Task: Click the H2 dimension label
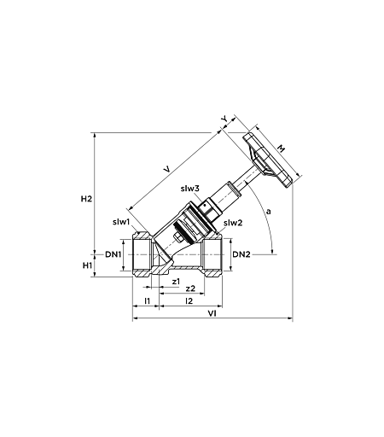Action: [86, 199]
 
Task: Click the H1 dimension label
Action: [87, 265]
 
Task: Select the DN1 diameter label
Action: [113, 254]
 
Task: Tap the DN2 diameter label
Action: [241, 254]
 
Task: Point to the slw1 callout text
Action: [121, 222]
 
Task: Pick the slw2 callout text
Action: [233, 223]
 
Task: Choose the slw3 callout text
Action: [190, 189]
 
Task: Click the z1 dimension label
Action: [176, 282]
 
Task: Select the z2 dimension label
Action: [190, 288]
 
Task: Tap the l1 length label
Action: [147, 300]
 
